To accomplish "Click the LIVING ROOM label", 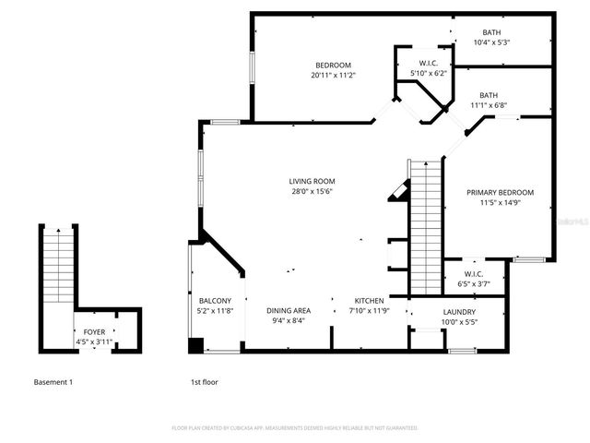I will point(312,181).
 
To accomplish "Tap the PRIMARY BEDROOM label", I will point(500,192).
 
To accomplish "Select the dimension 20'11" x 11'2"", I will point(333,76).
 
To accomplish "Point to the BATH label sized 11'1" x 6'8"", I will point(489,95).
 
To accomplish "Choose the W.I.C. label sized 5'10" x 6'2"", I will point(428,63).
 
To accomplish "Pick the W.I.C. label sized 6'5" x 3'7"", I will point(474,273).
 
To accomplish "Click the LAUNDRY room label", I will point(459,312).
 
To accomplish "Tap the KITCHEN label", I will point(370,301).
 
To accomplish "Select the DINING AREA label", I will point(289,310).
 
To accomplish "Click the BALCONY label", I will point(215,301).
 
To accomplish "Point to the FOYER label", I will point(94,331).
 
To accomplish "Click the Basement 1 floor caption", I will point(53,381).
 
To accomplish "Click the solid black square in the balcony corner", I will point(195,346).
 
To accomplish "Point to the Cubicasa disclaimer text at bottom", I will point(295,428).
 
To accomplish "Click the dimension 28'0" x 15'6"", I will point(312,191).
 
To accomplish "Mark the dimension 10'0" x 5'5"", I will point(459,322).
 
